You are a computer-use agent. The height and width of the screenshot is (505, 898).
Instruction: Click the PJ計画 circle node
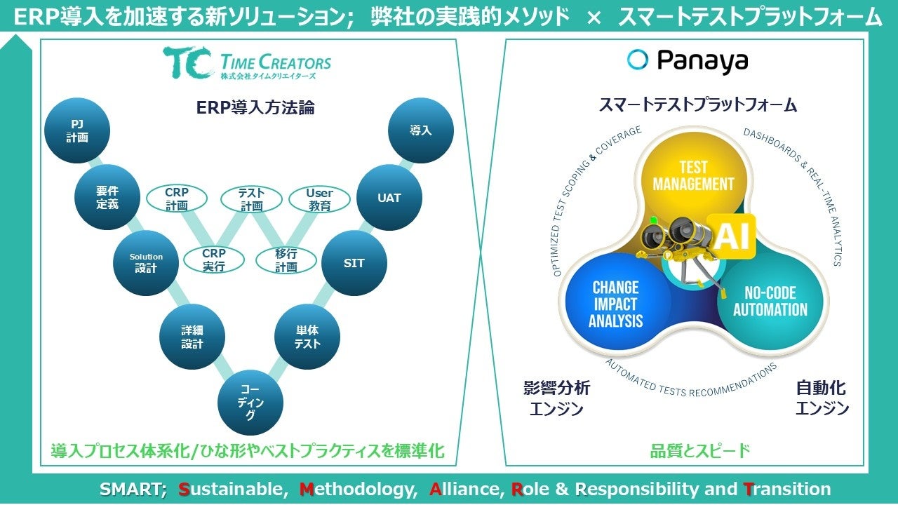click(x=77, y=131)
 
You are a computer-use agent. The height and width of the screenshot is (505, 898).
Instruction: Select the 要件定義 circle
click(x=107, y=198)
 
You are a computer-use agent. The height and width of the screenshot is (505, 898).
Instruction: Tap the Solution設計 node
click(x=146, y=263)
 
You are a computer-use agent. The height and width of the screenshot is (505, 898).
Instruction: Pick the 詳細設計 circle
click(x=192, y=337)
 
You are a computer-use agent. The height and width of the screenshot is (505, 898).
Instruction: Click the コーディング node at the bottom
click(x=250, y=403)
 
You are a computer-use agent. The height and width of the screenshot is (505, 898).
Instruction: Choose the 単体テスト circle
click(x=307, y=337)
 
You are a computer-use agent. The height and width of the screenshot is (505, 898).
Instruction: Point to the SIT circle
click(x=354, y=263)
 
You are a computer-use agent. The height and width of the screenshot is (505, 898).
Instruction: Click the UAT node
click(x=389, y=198)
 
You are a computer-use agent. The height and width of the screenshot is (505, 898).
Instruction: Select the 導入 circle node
click(x=420, y=131)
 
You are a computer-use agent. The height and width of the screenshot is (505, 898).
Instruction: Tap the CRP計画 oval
click(x=177, y=199)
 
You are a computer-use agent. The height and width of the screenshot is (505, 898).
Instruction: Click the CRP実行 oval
click(x=213, y=260)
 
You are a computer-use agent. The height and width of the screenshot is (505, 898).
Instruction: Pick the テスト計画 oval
click(x=251, y=199)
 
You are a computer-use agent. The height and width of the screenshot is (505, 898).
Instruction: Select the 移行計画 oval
click(x=286, y=260)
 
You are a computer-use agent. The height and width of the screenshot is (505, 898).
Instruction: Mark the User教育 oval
click(x=319, y=199)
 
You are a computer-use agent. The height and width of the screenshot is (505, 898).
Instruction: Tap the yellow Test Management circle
click(x=693, y=175)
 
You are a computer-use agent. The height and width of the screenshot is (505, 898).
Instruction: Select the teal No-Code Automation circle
click(x=770, y=302)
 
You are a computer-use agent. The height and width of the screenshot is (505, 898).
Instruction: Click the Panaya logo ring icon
click(x=638, y=60)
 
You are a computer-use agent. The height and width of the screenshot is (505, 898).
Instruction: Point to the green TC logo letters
click(x=187, y=62)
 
